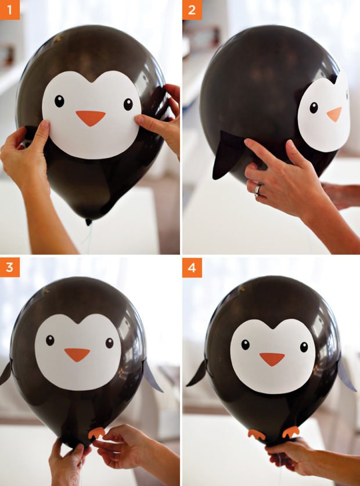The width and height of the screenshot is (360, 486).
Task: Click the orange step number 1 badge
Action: click(10, 10)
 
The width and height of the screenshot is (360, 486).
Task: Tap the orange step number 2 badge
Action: click(192, 10)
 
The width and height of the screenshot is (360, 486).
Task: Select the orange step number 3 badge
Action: click(10, 267)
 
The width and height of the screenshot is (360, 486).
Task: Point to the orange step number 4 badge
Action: click(192, 267)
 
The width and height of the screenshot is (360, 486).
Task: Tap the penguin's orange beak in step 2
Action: click(334, 114)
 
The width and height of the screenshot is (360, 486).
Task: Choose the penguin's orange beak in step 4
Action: click(272, 359)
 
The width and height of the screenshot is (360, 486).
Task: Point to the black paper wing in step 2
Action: click(226, 155)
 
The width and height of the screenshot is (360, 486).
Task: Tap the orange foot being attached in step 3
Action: click(96, 433)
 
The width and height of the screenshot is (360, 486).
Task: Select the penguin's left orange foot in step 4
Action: click(257, 434)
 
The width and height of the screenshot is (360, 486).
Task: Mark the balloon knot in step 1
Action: click(89, 222)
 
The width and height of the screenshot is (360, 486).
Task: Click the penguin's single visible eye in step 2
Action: click(314, 107)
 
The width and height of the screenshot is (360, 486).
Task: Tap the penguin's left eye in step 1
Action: click(59, 101)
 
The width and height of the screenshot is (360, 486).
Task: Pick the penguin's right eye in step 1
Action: click(128, 105)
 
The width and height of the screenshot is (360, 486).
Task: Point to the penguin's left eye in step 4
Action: click(245, 345)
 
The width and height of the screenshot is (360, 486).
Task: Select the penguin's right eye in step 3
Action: click(110, 343)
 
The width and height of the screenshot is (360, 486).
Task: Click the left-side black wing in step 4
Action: click(197, 373)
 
